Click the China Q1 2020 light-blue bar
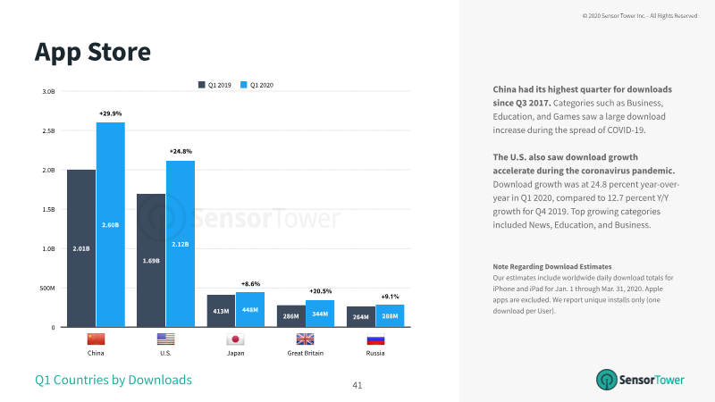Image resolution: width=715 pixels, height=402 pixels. pyautogui.click(x=110, y=225)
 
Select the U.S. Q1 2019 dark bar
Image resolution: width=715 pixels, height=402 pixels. pyautogui.click(x=151, y=260)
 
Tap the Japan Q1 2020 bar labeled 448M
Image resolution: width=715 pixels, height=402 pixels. pyautogui.click(x=250, y=309)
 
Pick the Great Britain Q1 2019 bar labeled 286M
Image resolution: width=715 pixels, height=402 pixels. pyautogui.click(x=291, y=316)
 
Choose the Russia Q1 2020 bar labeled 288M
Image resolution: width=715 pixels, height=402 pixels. pyautogui.click(x=390, y=316)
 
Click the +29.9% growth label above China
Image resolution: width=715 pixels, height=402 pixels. pyautogui.click(x=110, y=113)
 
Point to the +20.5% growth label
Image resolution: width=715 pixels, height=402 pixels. pyautogui.click(x=321, y=291)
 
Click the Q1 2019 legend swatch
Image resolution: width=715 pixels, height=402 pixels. pyautogui.click(x=202, y=85)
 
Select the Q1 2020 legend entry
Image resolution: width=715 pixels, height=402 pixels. pyautogui.click(x=257, y=85)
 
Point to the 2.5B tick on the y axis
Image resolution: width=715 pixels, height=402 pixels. pyautogui.click(x=48, y=130)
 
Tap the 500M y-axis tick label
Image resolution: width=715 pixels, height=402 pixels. pyautogui.click(x=47, y=288)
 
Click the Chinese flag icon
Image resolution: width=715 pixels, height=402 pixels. pyautogui.click(x=96, y=339)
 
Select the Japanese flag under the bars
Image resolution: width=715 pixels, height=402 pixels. pyautogui.click(x=235, y=339)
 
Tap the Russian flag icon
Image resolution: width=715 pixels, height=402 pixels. pyautogui.click(x=375, y=339)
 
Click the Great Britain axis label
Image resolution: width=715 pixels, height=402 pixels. pyautogui.click(x=306, y=353)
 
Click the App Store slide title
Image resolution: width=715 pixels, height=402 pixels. pyautogui.click(x=93, y=53)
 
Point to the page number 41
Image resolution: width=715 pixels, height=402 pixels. pyautogui.click(x=357, y=385)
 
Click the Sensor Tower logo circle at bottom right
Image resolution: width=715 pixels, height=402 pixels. pyautogui.click(x=607, y=380)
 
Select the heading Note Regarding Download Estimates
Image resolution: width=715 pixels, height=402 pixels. pyautogui.click(x=552, y=266)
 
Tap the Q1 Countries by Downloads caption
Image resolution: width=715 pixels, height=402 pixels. pyautogui.click(x=114, y=380)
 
